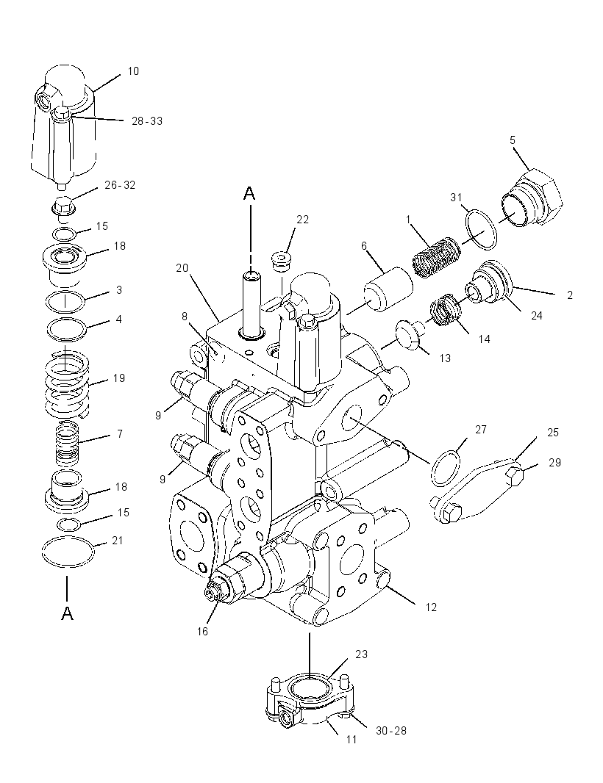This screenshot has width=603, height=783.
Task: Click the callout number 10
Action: [133, 71]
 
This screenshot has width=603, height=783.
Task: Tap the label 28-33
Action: [147, 121]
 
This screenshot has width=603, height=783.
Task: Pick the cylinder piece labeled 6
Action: [388, 289]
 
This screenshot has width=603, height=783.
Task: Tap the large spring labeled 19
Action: [67, 383]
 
